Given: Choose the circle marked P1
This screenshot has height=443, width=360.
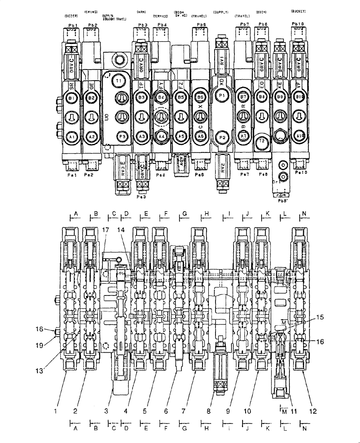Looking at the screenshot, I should (223, 95).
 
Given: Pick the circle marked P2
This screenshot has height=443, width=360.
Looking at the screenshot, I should (223, 137).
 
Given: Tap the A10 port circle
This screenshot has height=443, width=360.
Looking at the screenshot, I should (300, 136).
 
